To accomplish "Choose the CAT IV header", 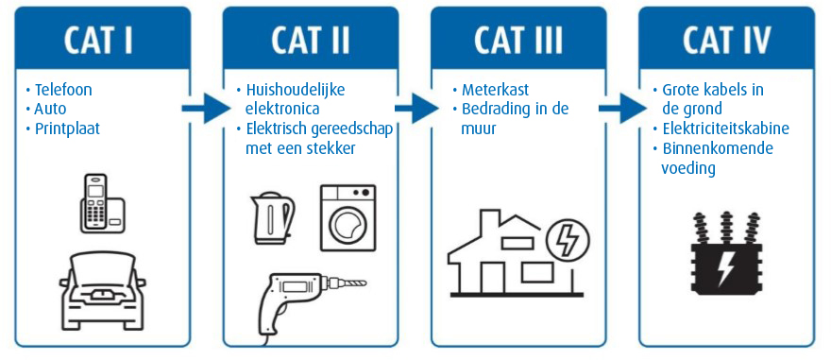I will pos(727,41).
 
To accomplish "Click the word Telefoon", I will pos(63,91).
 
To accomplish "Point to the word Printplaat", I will pos(68,129).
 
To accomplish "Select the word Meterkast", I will pos(495,91).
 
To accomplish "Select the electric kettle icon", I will pos(272,216).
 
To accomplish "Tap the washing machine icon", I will pos(348,218).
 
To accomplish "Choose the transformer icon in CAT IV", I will pos(727,256).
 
